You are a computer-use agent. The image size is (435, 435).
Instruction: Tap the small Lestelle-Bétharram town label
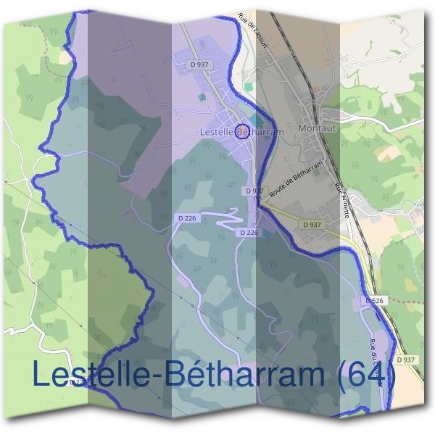click(x=241, y=132)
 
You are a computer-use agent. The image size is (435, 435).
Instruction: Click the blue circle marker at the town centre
click(x=244, y=131)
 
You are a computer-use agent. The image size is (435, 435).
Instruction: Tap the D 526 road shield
click(x=374, y=300)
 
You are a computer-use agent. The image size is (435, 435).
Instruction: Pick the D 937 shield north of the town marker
click(x=199, y=65)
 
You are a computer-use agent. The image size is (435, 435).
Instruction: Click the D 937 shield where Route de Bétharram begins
click(x=254, y=190)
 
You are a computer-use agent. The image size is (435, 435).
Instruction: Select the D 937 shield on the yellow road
click(x=312, y=225)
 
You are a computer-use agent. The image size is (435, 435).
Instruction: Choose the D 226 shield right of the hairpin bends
click(x=248, y=232)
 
